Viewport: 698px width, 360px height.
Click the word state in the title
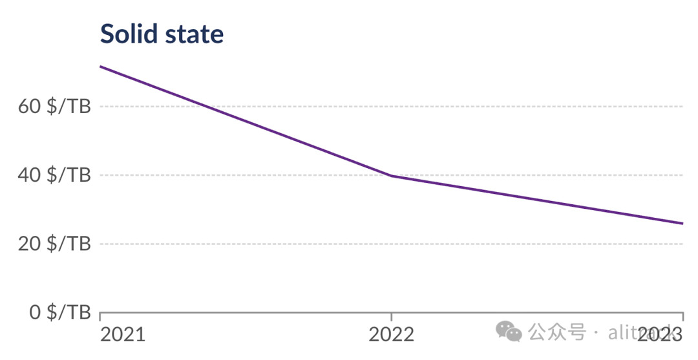click(x=195, y=34)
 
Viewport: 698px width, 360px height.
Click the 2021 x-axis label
click(x=123, y=334)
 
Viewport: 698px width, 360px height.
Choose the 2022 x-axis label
click(x=391, y=334)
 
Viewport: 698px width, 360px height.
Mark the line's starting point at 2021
click(x=101, y=67)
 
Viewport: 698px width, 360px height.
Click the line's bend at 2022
click(x=391, y=176)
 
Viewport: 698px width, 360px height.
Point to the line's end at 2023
click(x=682, y=224)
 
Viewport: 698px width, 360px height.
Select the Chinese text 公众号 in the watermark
click(x=557, y=332)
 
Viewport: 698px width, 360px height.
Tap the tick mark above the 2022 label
click(x=391, y=317)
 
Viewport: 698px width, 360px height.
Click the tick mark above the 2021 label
click(x=100, y=317)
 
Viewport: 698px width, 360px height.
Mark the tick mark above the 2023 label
click(x=682, y=317)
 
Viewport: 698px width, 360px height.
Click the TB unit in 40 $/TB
click(x=79, y=175)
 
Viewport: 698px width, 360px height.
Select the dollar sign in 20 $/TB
click(x=53, y=244)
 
